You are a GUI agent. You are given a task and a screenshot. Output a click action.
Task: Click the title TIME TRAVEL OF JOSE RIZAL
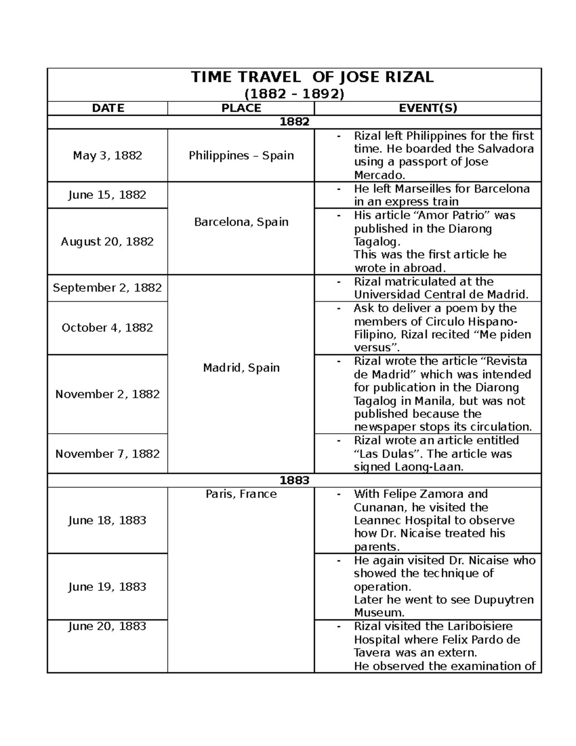point(312,77)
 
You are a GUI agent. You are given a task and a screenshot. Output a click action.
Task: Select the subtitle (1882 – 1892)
point(294,94)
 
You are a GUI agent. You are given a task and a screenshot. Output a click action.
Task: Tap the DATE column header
point(108,108)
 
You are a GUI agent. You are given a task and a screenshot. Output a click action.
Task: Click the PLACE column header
point(241,108)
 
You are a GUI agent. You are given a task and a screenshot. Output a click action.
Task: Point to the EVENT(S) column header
point(428,108)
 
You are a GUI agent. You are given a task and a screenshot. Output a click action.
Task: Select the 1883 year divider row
point(294,480)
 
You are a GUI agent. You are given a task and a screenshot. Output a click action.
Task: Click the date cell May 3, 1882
point(108,156)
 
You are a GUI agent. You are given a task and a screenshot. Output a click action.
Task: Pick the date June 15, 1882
point(108,195)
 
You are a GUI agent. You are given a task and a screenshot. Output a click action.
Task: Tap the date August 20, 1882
point(108,242)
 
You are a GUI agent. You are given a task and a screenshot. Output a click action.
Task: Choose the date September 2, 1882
point(108,288)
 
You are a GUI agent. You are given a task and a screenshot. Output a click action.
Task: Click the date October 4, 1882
point(108,328)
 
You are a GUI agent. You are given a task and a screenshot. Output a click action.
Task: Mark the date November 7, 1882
point(108,454)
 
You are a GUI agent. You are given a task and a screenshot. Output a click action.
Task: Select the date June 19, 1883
point(108,587)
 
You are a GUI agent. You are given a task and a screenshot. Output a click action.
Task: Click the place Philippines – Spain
point(241,156)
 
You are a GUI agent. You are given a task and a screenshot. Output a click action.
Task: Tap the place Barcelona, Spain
point(241,222)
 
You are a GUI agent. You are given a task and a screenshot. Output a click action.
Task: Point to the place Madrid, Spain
point(241,368)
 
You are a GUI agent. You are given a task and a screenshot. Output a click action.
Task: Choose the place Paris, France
point(241,494)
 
